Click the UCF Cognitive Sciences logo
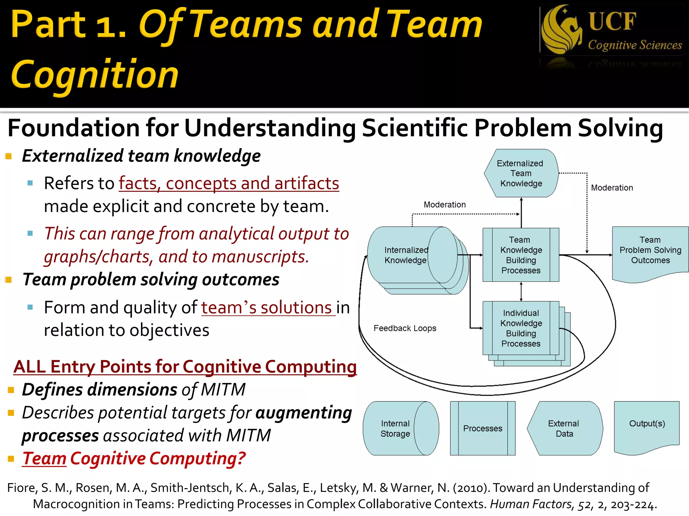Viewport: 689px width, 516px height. pos(612,30)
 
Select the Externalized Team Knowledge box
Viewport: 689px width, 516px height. pos(521,173)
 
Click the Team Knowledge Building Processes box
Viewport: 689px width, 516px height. pos(521,255)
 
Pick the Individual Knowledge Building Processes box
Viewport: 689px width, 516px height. pos(521,328)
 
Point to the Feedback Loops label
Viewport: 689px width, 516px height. pos(405,328)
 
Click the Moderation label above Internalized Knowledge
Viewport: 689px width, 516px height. pos(444,205)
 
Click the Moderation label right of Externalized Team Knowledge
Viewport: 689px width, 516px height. pos(612,188)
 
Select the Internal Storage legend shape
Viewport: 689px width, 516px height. pos(400,428)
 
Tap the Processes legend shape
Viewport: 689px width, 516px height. pos(482,428)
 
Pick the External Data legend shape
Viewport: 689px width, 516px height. pos(564,428)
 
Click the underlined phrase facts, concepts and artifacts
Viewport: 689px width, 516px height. pos(229,183)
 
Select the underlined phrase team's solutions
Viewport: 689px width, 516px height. pos(267,307)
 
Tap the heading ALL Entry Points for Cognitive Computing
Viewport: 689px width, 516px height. pos(185,367)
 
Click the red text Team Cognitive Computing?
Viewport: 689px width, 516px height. pos(134,458)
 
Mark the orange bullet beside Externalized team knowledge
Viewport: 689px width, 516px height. pos(9,156)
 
